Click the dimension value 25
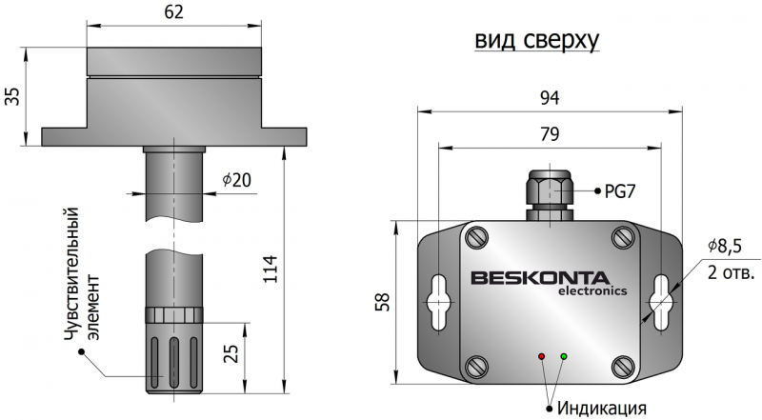230,354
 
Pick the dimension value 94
549,98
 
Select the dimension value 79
549,134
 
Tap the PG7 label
620,190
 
